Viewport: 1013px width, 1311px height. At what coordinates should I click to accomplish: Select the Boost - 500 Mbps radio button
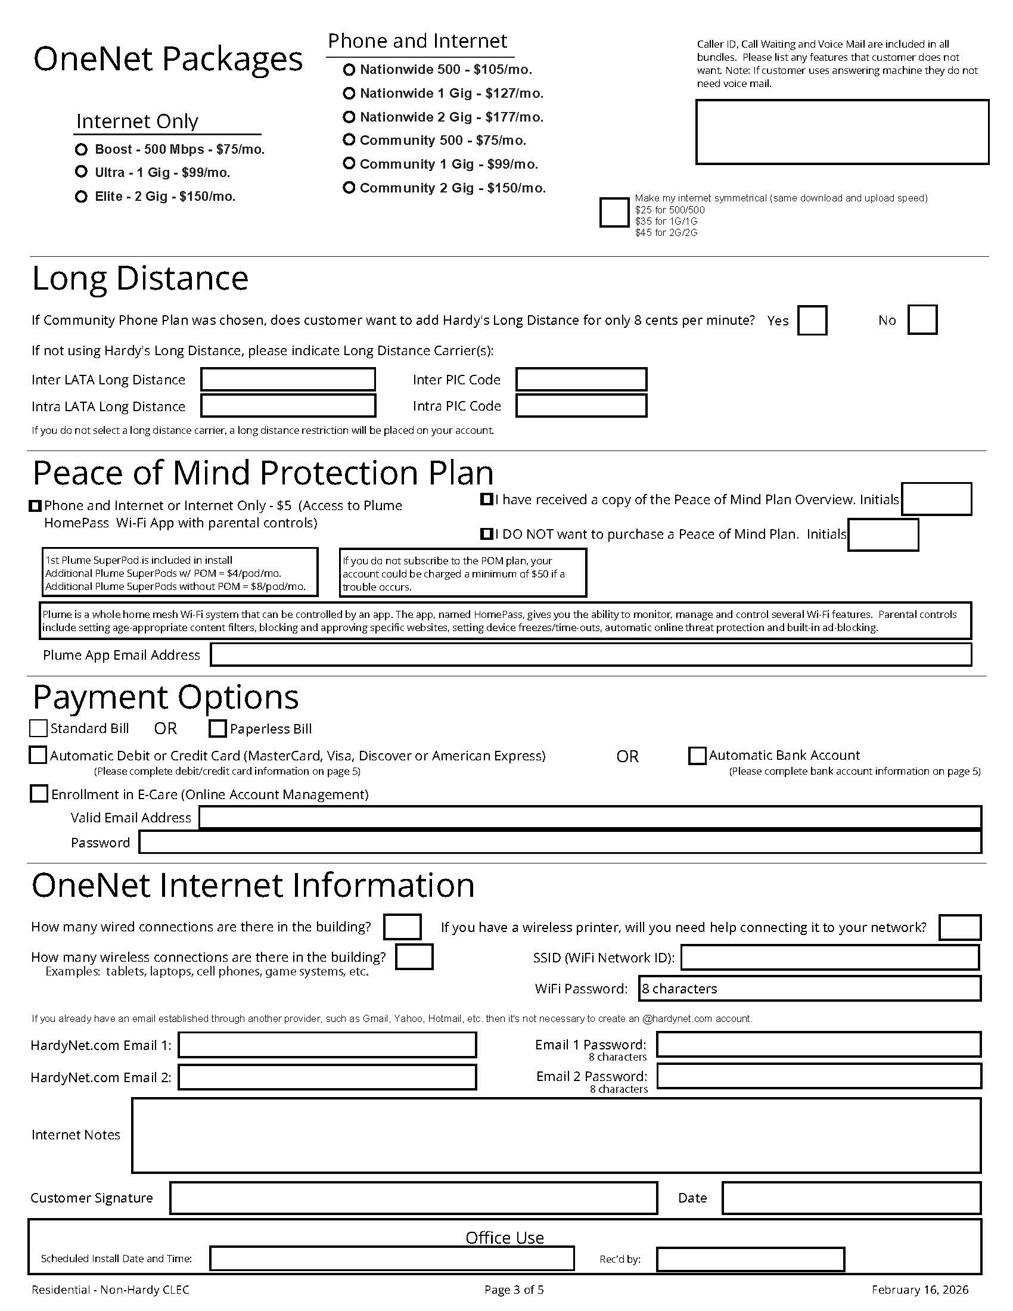tap(81, 149)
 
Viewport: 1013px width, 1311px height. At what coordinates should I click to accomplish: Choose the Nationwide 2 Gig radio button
tap(349, 116)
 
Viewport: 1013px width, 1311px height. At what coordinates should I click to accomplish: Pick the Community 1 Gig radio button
tap(349, 163)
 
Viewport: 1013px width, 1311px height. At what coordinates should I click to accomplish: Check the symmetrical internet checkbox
tap(613, 213)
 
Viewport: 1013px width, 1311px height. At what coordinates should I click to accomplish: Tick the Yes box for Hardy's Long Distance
tap(812, 320)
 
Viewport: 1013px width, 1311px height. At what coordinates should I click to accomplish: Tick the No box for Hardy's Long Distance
tap(922, 319)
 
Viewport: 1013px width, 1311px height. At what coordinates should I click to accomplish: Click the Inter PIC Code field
tap(581, 380)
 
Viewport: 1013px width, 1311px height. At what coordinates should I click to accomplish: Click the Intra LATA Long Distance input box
tap(288, 406)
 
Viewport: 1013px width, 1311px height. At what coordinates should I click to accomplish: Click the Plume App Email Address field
tap(591, 654)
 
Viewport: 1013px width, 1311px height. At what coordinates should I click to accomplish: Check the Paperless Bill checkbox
tap(217, 729)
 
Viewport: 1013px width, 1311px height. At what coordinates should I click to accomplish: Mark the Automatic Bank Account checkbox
tap(697, 756)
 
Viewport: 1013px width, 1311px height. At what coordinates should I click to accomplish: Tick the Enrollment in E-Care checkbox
tap(39, 794)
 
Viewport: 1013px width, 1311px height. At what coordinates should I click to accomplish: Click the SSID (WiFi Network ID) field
tap(830, 958)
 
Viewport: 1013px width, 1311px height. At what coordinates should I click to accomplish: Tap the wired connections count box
tap(402, 927)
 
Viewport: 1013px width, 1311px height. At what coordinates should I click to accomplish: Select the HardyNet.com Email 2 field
tap(327, 1077)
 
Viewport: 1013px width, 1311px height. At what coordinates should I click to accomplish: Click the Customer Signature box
tap(414, 1198)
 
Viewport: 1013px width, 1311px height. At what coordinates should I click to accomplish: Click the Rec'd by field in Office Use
tap(750, 1259)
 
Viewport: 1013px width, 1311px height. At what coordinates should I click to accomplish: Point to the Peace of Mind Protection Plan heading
tap(263, 473)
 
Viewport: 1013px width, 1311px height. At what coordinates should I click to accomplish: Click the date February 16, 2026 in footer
tap(919, 1290)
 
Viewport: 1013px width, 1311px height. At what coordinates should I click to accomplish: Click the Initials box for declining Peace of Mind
tap(883, 535)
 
